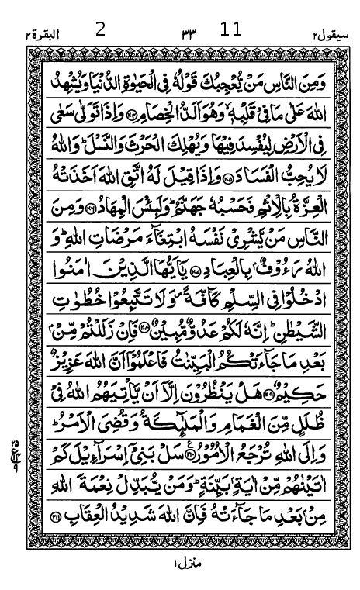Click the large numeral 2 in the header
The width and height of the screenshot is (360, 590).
pyautogui.click(x=100, y=30)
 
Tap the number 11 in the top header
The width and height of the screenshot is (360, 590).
pyautogui.click(x=231, y=30)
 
